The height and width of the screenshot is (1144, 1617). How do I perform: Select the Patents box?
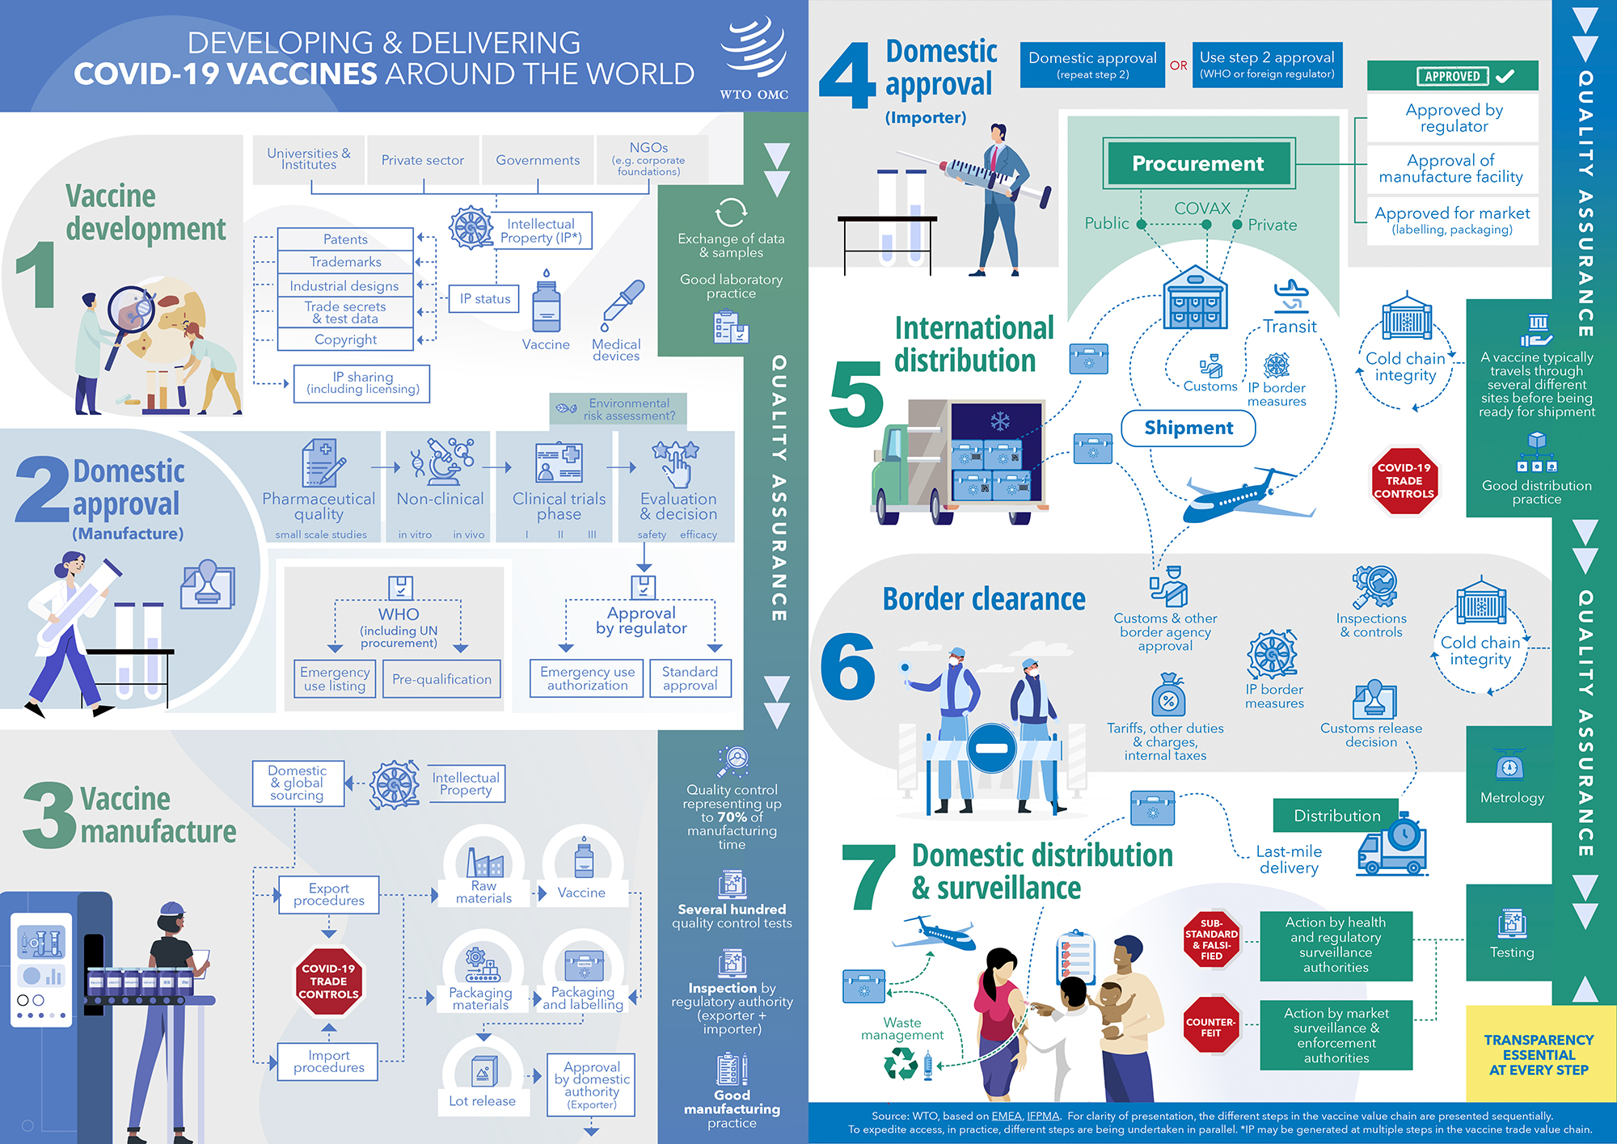coord(345,239)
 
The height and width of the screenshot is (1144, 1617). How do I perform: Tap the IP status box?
coord(485,299)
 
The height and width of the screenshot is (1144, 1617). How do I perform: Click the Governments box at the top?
coord(538,160)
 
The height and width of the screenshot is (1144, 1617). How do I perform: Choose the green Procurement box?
coord(1197,163)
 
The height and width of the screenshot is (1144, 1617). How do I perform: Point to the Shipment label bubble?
coord(1188,428)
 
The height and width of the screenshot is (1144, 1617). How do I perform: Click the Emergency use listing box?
coord(335,678)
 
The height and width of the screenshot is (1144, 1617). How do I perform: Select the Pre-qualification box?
coord(441,679)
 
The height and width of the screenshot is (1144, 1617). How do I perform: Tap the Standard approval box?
coord(690,678)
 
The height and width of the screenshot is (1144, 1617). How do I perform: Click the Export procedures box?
coord(329,894)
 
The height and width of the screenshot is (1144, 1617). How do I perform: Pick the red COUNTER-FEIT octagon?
coord(1210,1027)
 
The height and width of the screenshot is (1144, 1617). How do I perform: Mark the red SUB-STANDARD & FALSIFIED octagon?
coord(1211,939)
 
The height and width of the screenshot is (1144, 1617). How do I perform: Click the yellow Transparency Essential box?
coord(1539,1054)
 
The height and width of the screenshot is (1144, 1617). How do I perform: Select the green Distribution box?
coord(1336,816)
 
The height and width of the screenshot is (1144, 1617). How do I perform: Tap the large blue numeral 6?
coord(847,667)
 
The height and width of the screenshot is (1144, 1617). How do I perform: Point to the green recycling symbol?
coord(900,1063)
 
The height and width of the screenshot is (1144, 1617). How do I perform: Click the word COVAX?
coord(1202,209)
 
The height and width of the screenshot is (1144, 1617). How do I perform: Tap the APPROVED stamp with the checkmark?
coord(1452,76)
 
